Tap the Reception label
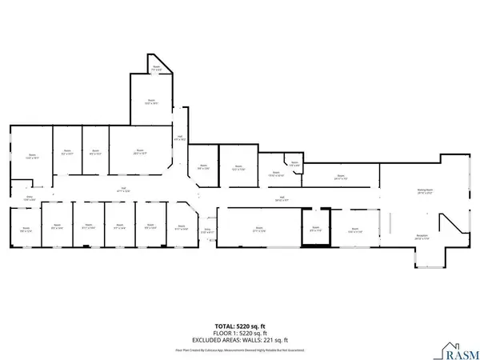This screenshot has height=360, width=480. (x=422, y=237)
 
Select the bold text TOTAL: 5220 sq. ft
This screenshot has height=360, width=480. (x=240, y=326)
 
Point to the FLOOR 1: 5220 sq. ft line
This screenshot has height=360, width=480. (x=240, y=333)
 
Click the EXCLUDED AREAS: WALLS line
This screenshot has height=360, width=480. (x=240, y=339)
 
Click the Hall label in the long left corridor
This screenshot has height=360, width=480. (x=123, y=189)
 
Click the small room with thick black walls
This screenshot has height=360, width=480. (x=315, y=228)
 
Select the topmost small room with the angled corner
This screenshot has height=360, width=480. (x=158, y=70)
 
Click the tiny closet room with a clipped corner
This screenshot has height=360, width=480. (x=294, y=166)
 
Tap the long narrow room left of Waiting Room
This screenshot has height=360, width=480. (x=340, y=177)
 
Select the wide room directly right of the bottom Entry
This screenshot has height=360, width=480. (x=258, y=229)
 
